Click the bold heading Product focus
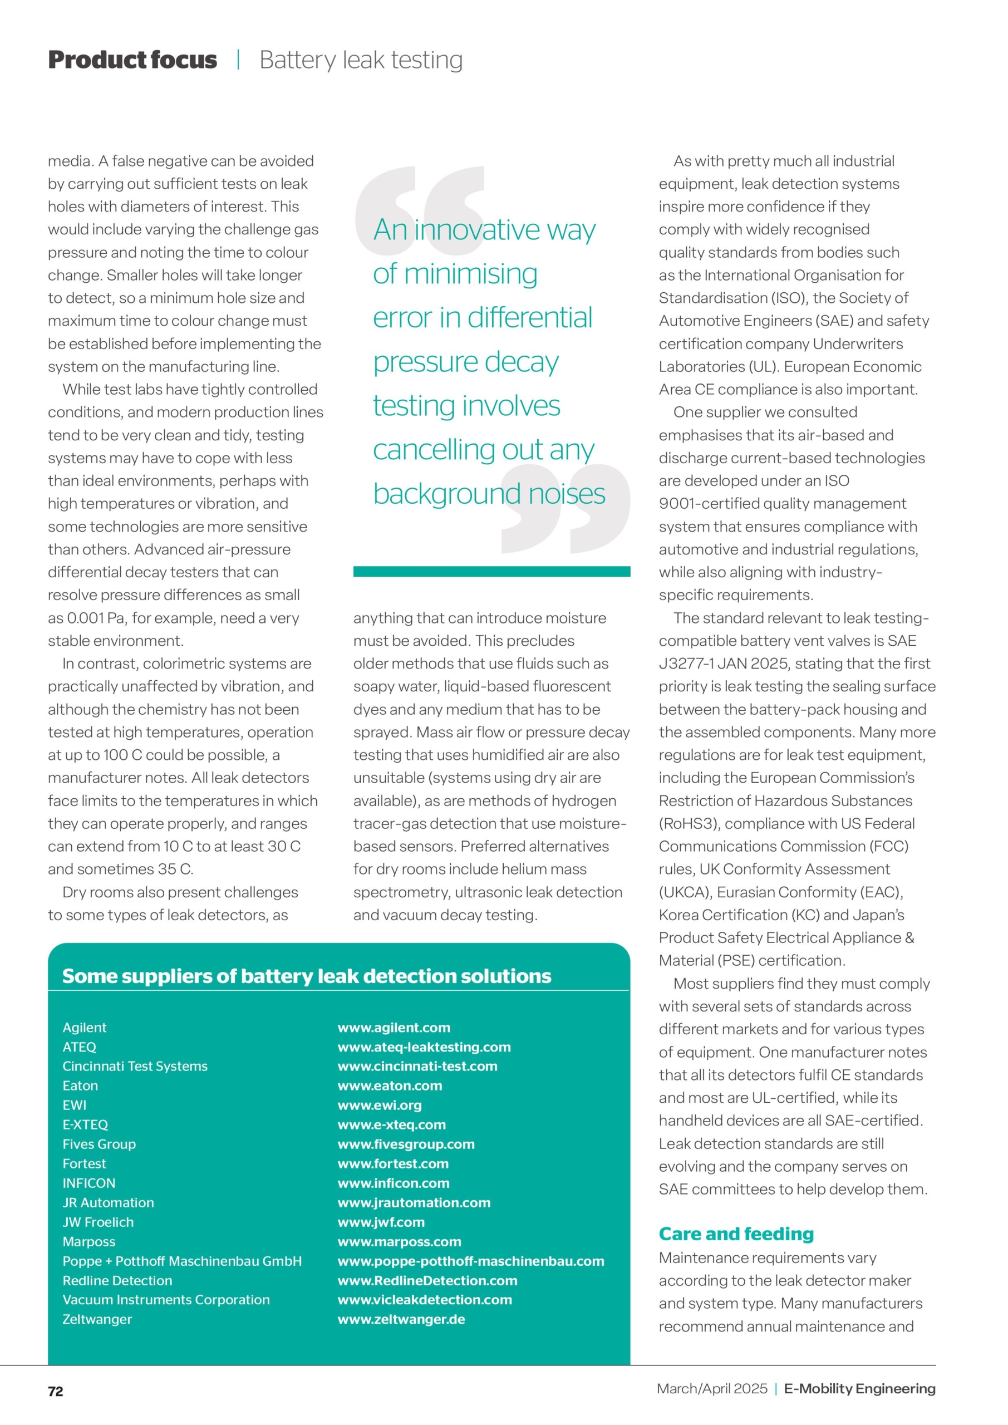[132, 60]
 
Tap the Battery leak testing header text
[361, 60]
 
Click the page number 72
[55, 1391]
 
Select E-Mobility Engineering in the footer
[859, 1388]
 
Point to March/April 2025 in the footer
[712, 1388]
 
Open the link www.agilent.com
[394, 1027]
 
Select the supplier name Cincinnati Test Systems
[135, 1065]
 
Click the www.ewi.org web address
[379, 1105]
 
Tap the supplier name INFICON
[88, 1183]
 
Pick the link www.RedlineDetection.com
[427, 1280]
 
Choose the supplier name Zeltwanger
[97, 1319]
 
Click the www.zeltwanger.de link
[401, 1319]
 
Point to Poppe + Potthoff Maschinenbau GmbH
[182, 1261]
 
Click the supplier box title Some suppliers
[306, 976]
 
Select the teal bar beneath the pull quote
[491, 571]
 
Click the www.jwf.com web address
[381, 1222]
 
